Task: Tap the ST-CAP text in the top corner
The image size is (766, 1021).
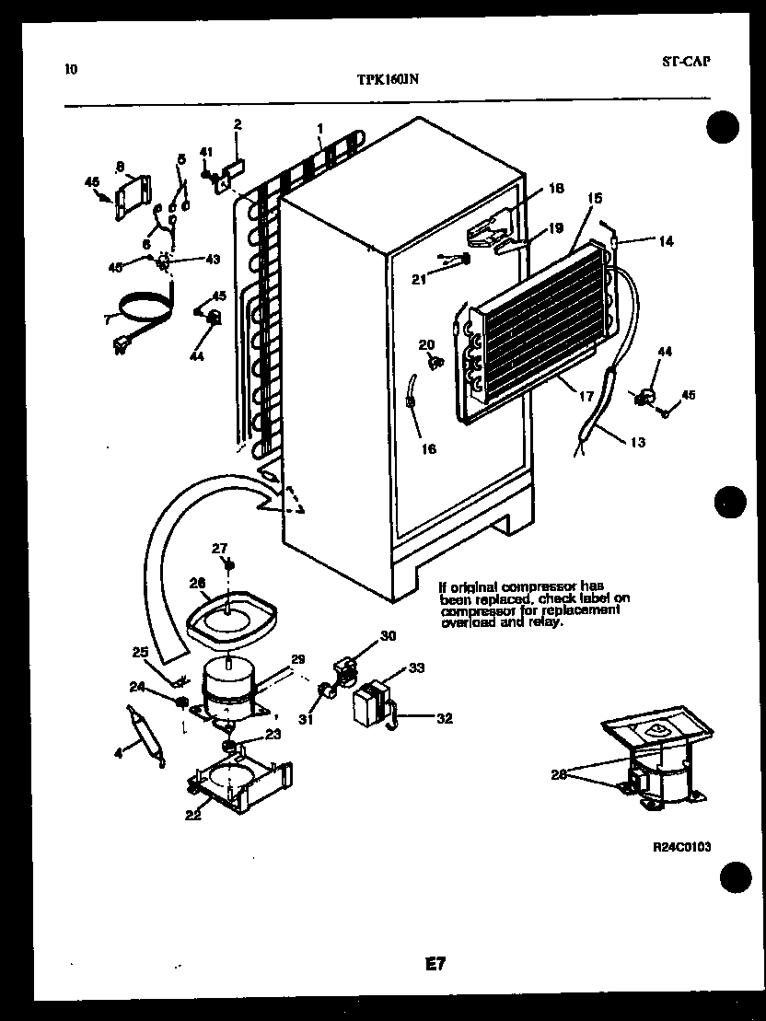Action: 686,62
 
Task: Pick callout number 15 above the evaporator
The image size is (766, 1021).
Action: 595,198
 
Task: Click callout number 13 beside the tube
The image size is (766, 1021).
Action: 638,443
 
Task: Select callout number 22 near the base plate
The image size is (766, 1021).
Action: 191,814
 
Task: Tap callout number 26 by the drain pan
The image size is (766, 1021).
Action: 196,582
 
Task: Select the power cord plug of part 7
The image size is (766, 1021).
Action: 119,346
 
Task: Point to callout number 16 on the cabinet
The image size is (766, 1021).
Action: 427,449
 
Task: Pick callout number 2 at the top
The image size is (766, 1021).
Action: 238,123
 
